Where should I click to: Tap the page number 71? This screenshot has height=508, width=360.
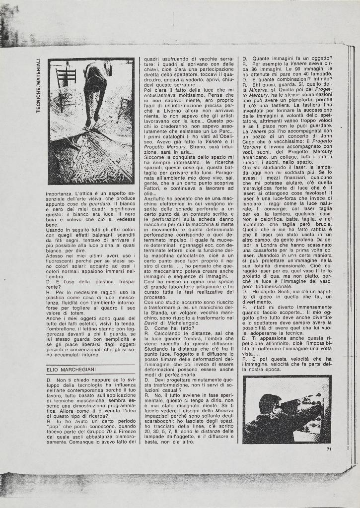[x=329, y=449]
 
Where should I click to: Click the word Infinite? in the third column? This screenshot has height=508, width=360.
[x=320, y=78]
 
